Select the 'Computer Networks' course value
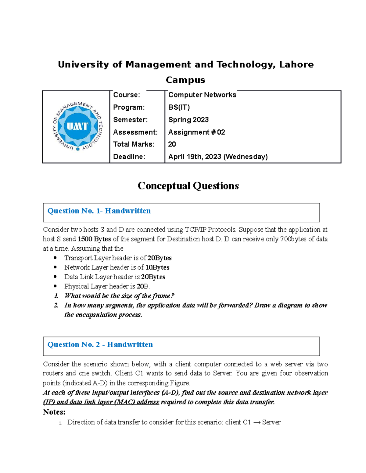(202, 95)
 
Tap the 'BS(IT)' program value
(179, 108)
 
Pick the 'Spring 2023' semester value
(188, 120)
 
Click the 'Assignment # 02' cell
(196, 132)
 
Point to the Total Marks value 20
(172, 144)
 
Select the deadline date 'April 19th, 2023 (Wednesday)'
(218, 157)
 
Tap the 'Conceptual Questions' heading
(188, 186)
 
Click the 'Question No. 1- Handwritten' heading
(99, 211)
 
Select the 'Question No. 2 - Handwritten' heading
(100, 344)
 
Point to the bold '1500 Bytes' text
(94, 239)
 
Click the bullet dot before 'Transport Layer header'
(55, 258)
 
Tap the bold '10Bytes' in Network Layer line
(157, 267)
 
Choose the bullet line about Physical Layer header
(107, 286)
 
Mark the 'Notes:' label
(54, 412)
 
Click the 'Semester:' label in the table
(130, 120)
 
